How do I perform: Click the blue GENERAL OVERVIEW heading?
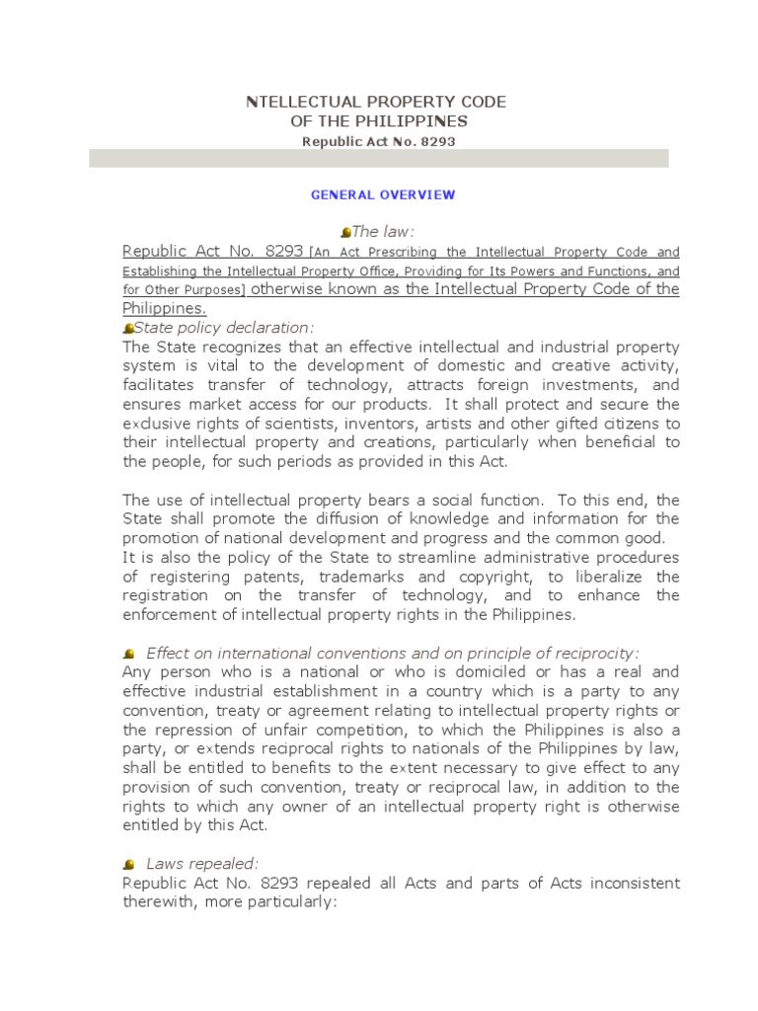click(x=383, y=194)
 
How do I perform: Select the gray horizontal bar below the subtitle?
click(x=379, y=159)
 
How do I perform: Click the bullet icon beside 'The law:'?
click(x=345, y=232)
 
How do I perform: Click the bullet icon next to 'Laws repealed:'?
click(x=129, y=864)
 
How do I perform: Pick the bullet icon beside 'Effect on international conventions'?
click(x=129, y=654)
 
